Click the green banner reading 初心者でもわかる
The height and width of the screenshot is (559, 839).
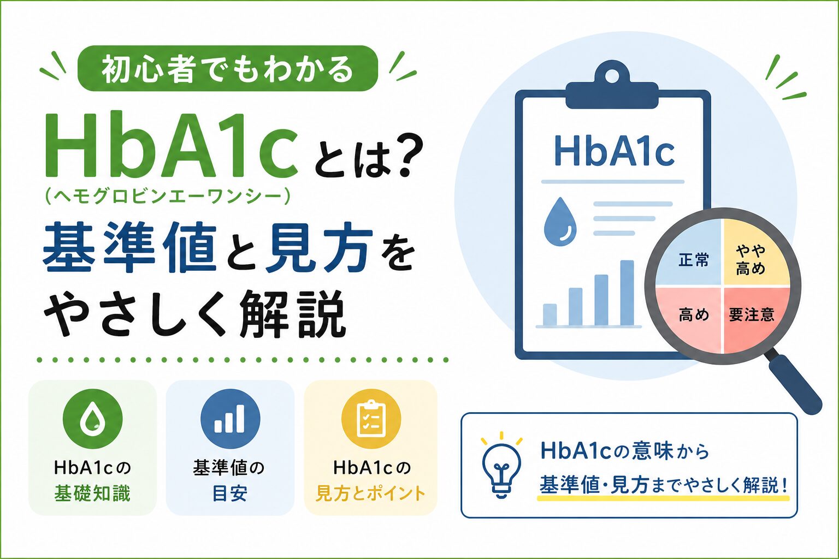[x=228, y=68]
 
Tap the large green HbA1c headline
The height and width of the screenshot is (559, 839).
[x=172, y=145]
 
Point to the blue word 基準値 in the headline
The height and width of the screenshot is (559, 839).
[x=130, y=247]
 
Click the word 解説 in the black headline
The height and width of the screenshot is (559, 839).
[x=292, y=314]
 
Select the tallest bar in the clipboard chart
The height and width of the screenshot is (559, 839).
[x=627, y=293]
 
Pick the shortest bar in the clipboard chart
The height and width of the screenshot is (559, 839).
[x=550, y=314]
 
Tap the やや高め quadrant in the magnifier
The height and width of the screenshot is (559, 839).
[x=753, y=254]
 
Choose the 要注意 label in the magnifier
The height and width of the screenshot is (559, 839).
[x=752, y=314]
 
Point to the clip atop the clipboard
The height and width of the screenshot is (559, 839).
[x=612, y=86]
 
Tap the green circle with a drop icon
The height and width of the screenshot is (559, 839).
[x=92, y=419]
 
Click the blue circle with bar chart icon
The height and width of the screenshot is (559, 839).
[x=230, y=419]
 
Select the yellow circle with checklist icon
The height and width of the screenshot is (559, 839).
[x=371, y=419]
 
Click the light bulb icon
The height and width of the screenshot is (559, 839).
[x=501, y=466]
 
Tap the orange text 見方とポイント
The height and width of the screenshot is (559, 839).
[x=370, y=493]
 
